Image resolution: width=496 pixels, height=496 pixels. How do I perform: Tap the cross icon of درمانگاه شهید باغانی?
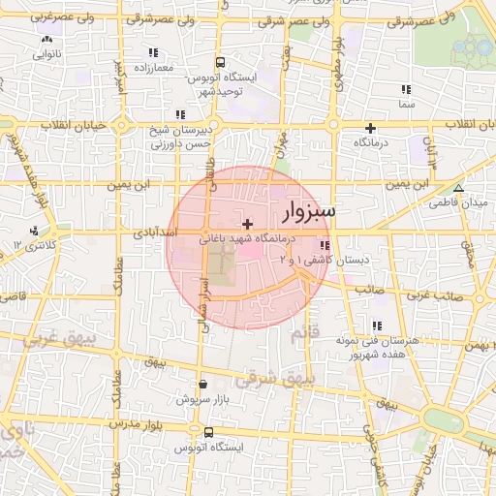click(247, 224)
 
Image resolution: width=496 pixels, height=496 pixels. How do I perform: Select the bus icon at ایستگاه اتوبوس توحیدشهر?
click(220, 60)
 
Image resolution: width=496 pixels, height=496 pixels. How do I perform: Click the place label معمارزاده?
click(153, 68)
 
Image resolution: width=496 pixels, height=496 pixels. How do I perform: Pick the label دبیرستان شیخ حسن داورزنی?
click(177, 136)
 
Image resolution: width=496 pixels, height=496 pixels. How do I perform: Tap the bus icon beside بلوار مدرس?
click(207, 432)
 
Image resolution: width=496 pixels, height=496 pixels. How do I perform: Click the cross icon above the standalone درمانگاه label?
click(370, 128)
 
